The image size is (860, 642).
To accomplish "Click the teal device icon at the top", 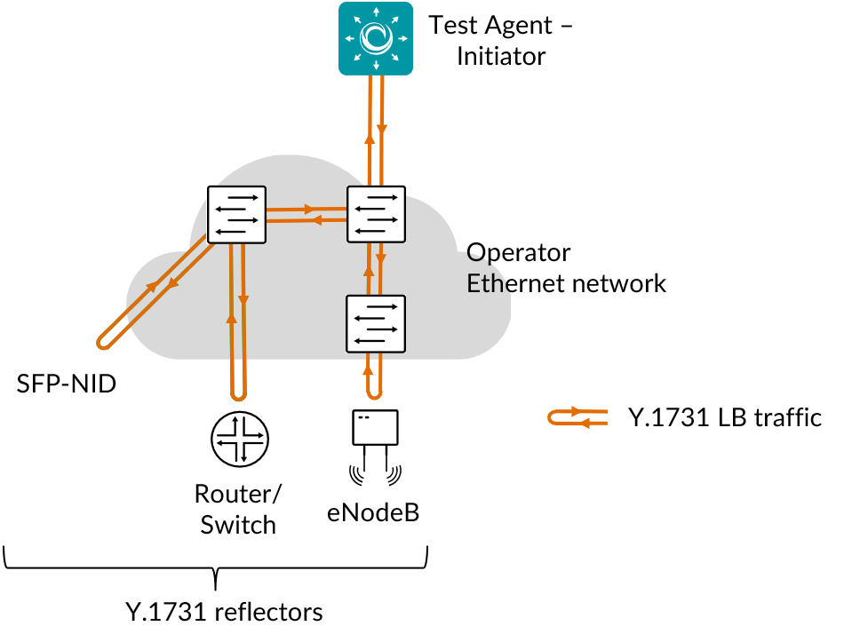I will [376, 38].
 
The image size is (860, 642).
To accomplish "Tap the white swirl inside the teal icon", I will [376, 38].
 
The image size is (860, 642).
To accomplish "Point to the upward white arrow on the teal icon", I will [376, 12].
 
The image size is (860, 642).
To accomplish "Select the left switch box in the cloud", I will [236, 214].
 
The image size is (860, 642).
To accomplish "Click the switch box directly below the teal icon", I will [376, 214].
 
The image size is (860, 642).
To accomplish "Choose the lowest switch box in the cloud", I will [375, 323].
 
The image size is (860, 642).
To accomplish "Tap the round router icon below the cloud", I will [239, 438].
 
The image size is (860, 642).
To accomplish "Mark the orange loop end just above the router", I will [238, 395].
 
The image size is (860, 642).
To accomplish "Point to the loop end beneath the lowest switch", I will [375, 393].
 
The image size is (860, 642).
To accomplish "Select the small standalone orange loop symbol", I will [577, 417].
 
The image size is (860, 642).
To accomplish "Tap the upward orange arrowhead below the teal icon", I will [370, 138].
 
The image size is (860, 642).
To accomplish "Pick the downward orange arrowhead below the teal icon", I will [382, 130].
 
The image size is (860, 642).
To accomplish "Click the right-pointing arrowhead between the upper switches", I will [309, 210].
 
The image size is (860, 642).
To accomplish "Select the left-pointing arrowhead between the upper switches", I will [315, 220].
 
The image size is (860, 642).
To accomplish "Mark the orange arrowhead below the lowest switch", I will [368, 369].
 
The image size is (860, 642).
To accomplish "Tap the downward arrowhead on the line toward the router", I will [243, 301].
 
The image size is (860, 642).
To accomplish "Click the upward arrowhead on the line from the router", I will [232, 317].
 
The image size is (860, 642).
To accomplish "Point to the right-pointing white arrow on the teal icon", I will [402, 38].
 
